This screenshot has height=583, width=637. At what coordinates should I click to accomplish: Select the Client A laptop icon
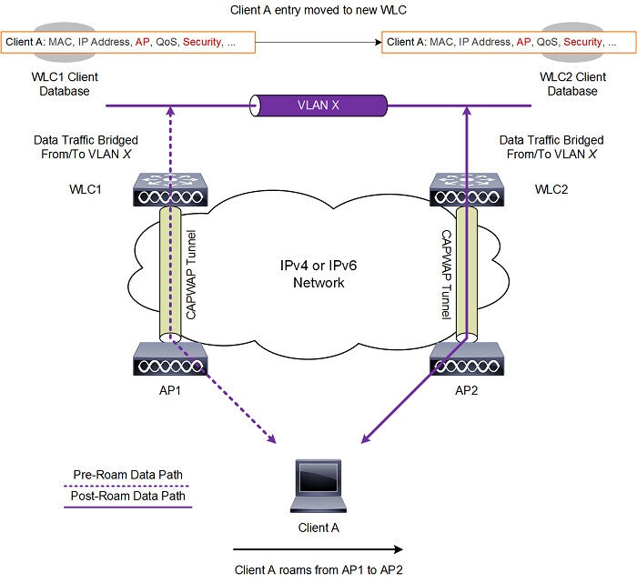(x=318, y=487)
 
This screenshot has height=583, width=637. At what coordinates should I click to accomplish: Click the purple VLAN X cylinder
(x=318, y=105)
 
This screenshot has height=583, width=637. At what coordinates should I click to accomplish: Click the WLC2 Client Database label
(x=572, y=84)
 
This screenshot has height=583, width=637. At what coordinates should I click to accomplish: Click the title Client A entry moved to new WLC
(x=318, y=9)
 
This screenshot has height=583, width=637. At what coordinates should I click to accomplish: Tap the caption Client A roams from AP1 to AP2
(x=318, y=568)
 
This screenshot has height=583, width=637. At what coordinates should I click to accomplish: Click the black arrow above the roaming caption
(x=318, y=548)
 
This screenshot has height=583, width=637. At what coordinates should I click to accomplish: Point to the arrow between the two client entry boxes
(x=318, y=42)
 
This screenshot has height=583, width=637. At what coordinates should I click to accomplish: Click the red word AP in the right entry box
(x=523, y=42)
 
